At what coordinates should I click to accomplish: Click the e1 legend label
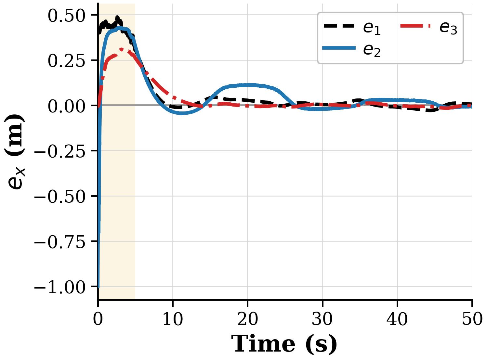(x=372, y=29)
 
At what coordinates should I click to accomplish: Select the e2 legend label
(x=372, y=51)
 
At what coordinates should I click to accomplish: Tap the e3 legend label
(x=448, y=29)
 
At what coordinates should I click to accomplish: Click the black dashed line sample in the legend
(x=339, y=26)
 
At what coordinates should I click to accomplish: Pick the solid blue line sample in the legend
(x=339, y=48)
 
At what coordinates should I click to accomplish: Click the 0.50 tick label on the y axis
(x=66, y=16)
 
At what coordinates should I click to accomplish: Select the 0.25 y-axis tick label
(x=66, y=61)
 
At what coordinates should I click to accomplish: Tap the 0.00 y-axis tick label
(x=66, y=107)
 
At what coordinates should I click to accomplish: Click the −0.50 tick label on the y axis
(x=59, y=197)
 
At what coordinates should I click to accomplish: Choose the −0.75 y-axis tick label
(x=59, y=242)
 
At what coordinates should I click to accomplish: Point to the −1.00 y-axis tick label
(x=59, y=288)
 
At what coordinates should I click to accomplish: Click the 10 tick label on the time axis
(x=173, y=319)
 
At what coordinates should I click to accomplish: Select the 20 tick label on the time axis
(x=248, y=319)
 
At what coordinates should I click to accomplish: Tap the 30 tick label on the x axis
(x=322, y=319)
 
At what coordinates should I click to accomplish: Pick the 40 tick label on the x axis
(x=397, y=319)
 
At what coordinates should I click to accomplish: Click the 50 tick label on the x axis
(x=472, y=319)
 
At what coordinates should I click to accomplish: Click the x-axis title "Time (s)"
(x=284, y=344)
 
